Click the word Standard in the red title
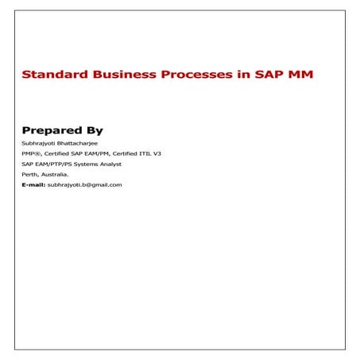click(50, 75)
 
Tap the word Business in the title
click(115, 75)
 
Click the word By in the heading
click(95, 130)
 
